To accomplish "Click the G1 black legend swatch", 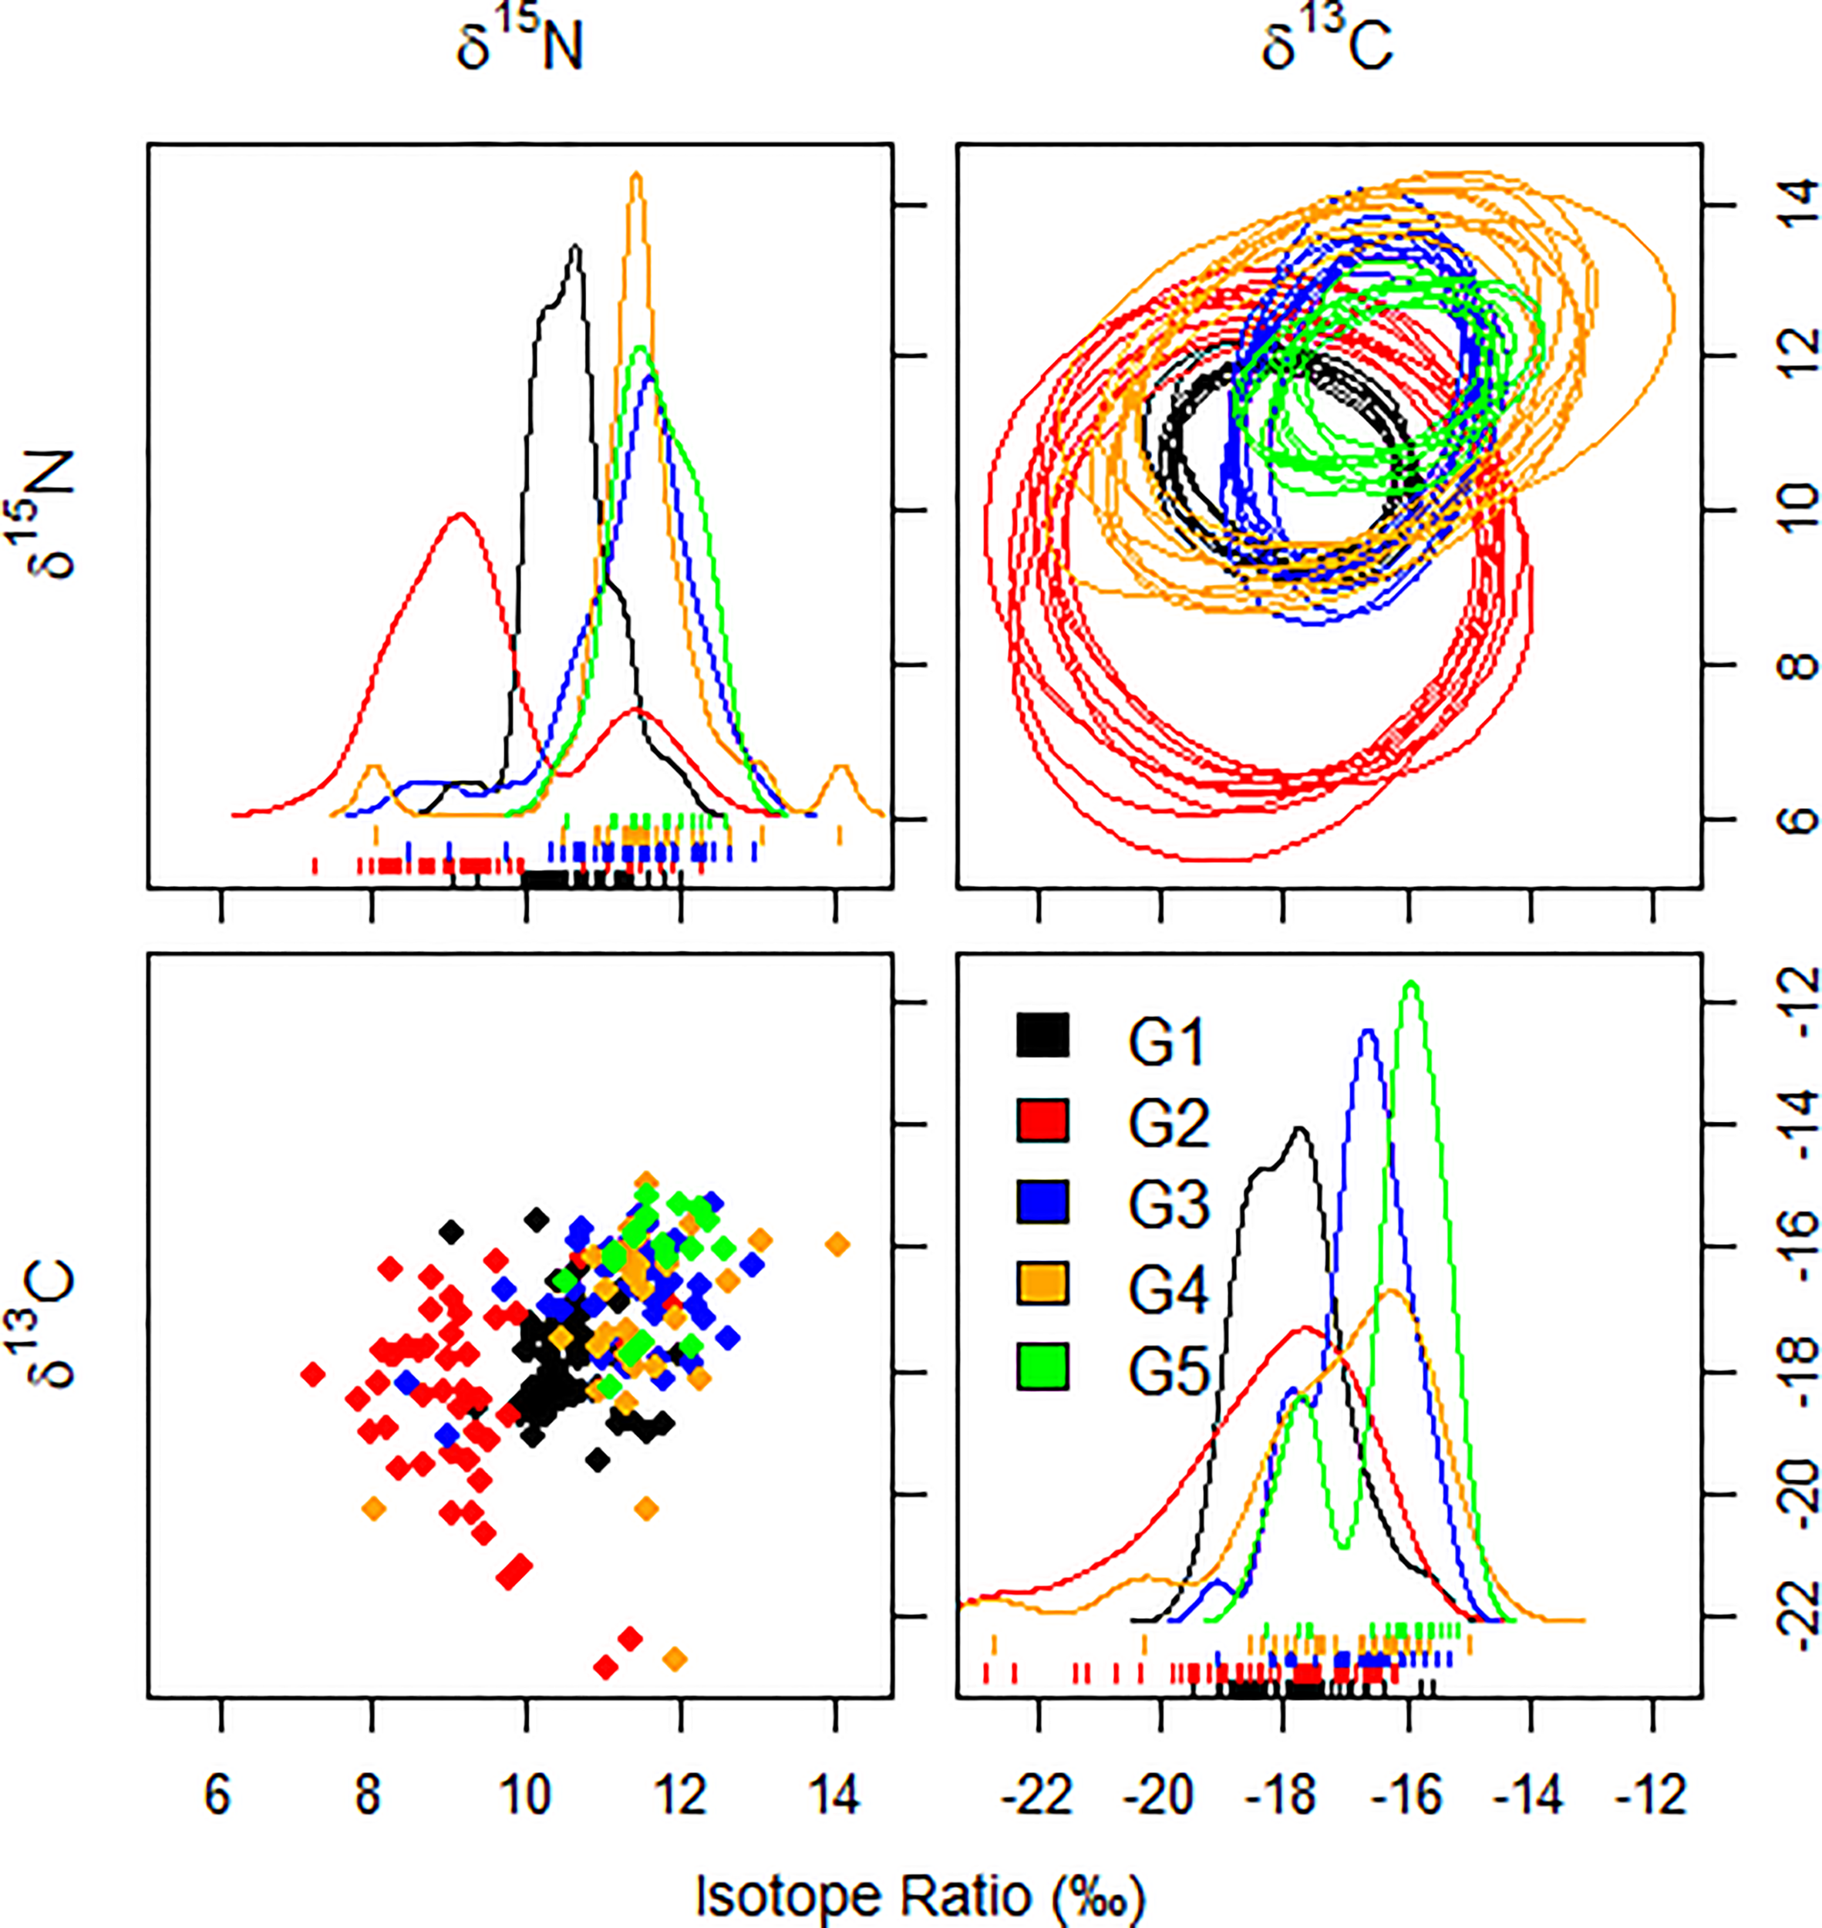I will (1042, 1036).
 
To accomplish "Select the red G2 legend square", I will (1042, 1120).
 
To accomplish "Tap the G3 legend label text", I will (1168, 1205).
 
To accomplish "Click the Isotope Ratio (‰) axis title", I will (920, 1895).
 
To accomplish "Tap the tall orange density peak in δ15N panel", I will (636, 177).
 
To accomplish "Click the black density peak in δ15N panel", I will (576, 248).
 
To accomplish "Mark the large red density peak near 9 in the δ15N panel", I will (460, 516).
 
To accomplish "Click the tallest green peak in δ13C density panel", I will (1411, 985).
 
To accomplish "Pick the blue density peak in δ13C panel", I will (1369, 1033).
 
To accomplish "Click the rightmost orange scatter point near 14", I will (837, 1244).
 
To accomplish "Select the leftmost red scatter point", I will (312, 1374).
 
